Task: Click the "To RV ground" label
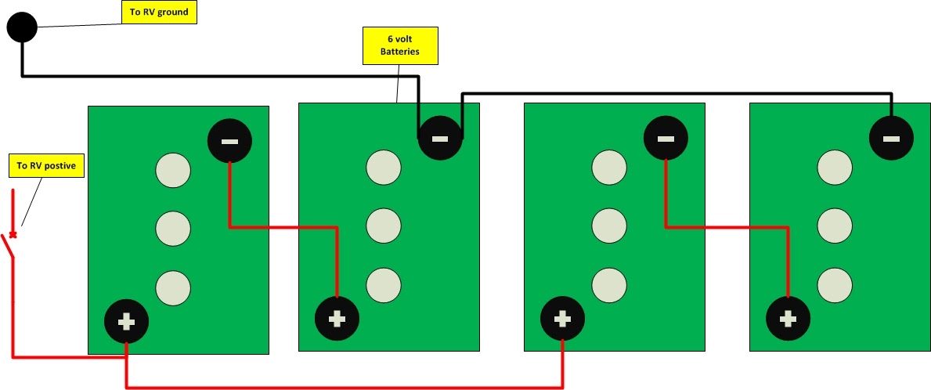(159, 12)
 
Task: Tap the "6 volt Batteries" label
(400, 45)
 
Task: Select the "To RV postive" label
(46, 166)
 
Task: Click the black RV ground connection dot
(22, 27)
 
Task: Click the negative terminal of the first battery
(229, 141)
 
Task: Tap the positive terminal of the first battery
(126, 322)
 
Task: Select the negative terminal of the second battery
(440, 139)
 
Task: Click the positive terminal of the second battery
(337, 319)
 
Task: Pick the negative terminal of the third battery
(666, 139)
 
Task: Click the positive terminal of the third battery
(562, 320)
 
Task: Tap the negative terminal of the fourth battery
(891, 139)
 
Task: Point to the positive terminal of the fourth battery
(788, 319)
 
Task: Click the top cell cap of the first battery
(173, 171)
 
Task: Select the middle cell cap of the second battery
(384, 226)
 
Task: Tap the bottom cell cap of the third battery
(609, 285)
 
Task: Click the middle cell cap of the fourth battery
(835, 226)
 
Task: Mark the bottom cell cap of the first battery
(173, 288)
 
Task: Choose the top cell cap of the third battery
(609, 168)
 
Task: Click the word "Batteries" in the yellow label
(400, 52)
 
